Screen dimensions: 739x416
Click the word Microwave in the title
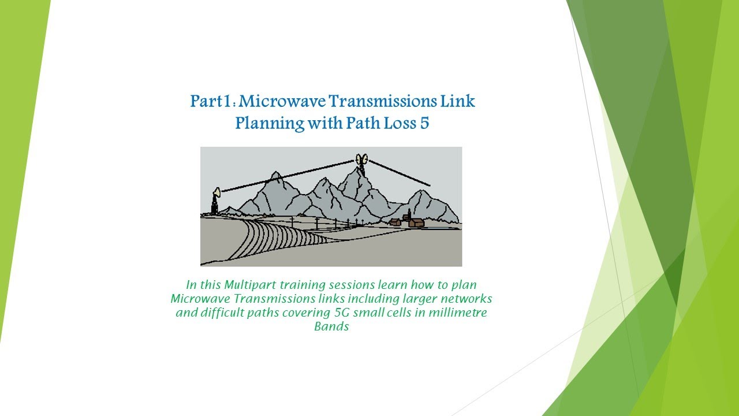282,101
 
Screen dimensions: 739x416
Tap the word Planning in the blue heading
269,124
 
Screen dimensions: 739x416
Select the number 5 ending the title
424,123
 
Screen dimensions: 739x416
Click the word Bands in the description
331,326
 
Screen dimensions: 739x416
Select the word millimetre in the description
458,313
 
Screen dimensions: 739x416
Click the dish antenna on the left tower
217,192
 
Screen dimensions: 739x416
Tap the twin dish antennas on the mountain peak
361,160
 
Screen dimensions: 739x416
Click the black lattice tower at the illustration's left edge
214,205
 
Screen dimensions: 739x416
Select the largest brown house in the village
416,223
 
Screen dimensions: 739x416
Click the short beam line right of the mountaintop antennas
399,173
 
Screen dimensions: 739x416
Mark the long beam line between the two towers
288,176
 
